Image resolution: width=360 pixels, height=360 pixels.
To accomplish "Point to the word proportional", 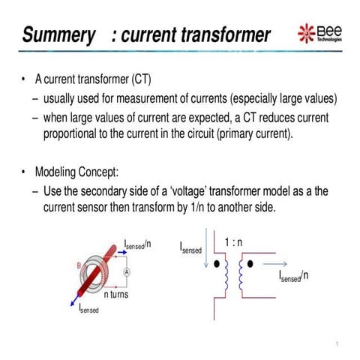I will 76,134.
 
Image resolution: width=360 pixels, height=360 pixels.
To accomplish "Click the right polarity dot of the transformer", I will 251,265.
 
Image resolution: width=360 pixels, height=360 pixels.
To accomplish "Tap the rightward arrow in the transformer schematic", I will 275,265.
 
